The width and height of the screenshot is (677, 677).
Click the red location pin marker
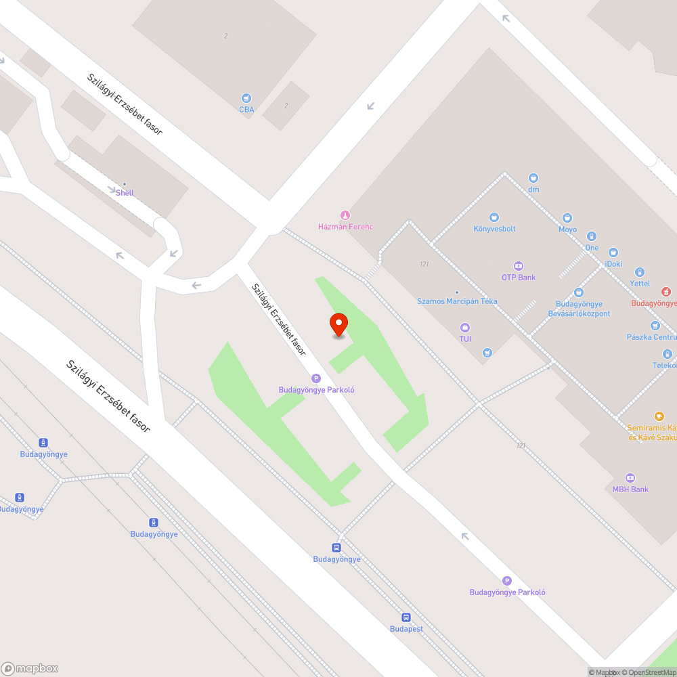(x=338, y=324)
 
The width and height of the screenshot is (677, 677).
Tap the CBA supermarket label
(x=246, y=109)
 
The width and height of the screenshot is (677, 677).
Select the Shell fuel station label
(x=125, y=192)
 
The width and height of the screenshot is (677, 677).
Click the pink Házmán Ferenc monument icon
(x=345, y=215)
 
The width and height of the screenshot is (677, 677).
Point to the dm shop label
(x=533, y=190)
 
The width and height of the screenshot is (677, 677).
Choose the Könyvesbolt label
(x=494, y=229)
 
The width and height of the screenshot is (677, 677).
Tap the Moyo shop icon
(x=567, y=218)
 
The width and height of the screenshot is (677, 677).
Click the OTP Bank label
(x=519, y=278)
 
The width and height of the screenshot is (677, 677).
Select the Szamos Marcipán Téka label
(x=457, y=301)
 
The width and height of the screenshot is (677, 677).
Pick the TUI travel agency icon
(x=465, y=328)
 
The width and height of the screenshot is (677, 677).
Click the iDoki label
(x=613, y=264)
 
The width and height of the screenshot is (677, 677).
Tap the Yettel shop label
(x=640, y=284)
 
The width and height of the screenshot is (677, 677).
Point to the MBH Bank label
(x=630, y=489)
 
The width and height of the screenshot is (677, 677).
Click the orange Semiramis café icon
(x=659, y=416)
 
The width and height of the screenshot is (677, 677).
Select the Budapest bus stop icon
(x=406, y=617)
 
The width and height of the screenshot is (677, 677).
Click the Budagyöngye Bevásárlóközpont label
(x=579, y=309)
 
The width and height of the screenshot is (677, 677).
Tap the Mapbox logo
(x=30, y=668)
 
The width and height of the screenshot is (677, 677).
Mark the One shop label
(x=592, y=248)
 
